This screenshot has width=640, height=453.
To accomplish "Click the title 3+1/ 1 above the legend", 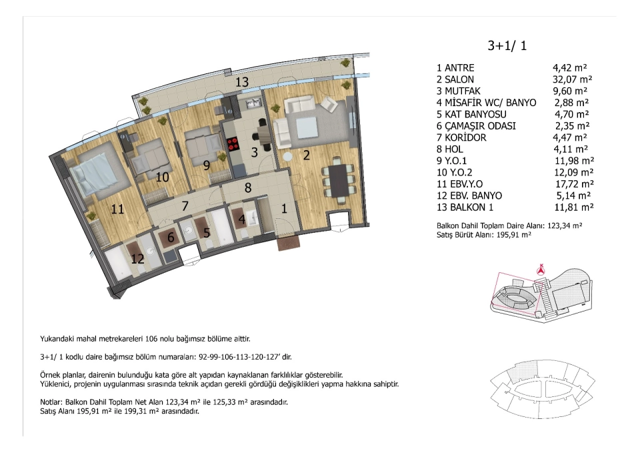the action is pyautogui.click(x=507, y=45).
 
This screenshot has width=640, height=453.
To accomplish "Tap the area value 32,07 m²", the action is pyautogui.click(x=572, y=79).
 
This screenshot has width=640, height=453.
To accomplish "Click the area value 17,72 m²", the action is pyautogui.click(x=573, y=184).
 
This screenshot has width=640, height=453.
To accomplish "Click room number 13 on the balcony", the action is pyautogui.click(x=241, y=81).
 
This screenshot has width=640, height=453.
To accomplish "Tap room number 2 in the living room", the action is pyautogui.click(x=306, y=155).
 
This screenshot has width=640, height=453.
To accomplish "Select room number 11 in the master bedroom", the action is pyautogui.click(x=117, y=209).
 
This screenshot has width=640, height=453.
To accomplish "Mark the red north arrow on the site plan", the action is pyautogui.click(x=541, y=269).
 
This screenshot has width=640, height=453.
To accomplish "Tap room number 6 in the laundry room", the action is pyautogui.click(x=171, y=237).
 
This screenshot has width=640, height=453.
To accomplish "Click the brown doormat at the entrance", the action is pyautogui.click(x=289, y=244).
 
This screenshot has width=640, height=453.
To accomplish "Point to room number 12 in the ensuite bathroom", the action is pyautogui.click(x=137, y=259).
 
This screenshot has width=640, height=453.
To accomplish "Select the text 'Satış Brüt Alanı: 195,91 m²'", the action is pyautogui.click(x=484, y=235).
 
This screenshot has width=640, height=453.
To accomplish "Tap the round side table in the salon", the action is pyautogui.click(x=288, y=157).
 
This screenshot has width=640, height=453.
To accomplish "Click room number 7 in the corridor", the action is pyautogui.click(x=185, y=206).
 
